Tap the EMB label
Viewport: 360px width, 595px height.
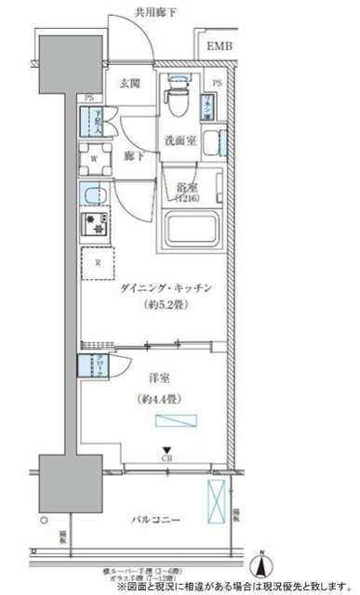pos(220,46)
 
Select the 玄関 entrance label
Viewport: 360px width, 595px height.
pos(129,82)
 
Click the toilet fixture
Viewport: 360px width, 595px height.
pos(174,96)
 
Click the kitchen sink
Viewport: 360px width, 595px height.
pos(94,196)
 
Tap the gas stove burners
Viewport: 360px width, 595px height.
pos(95,224)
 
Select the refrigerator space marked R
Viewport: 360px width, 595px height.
pos(97,262)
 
